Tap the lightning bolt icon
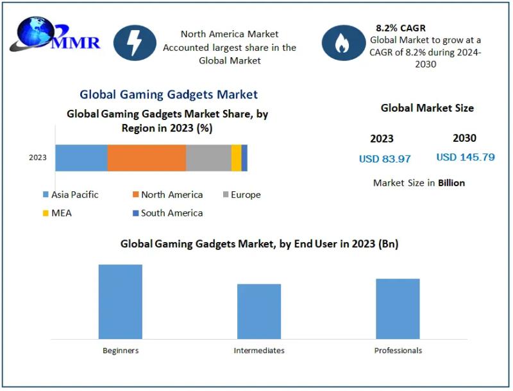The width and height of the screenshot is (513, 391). (x=135, y=43)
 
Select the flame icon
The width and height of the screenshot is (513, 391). (x=343, y=43)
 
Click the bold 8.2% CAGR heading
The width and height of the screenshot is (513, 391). (x=401, y=28)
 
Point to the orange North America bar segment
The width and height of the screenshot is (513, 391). (x=146, y=158)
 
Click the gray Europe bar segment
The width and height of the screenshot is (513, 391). (x=208, y=158)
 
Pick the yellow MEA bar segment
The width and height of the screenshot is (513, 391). (x=236, y=158)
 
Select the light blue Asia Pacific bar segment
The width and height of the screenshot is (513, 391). (x=81, y=158)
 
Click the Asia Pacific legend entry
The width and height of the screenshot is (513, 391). (x=71, y=195)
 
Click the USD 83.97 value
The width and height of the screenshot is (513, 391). (x=385, y=159)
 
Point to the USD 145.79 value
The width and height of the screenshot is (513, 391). (x=466, y=157)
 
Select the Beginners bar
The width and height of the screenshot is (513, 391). (x=121, y=301)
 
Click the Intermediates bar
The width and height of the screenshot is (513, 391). (x=259, y=311)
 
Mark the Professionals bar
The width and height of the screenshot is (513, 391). (x=398, y=308)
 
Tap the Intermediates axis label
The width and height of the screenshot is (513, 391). (x=259, y=351)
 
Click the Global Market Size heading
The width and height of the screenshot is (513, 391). (x=427, y=109)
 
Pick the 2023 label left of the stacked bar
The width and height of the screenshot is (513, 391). (x=38, y=158)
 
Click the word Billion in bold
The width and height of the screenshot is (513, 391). (x=451, y=183)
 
